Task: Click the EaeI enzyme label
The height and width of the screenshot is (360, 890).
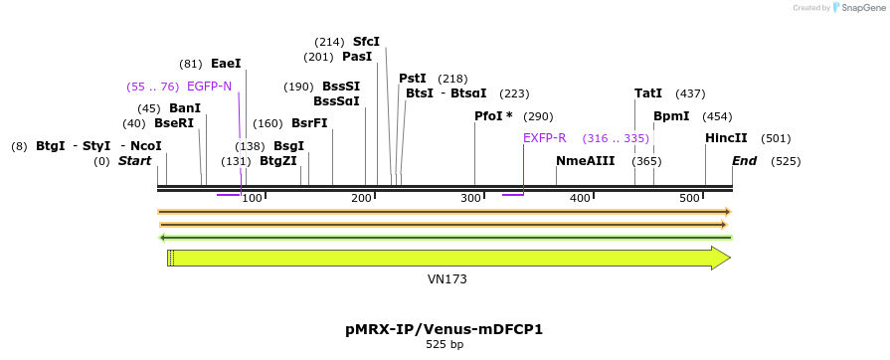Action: (x=226, y=64)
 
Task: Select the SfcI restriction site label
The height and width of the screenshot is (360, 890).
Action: (x=366, y=42)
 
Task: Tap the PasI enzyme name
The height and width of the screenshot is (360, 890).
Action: (x=356, y=57)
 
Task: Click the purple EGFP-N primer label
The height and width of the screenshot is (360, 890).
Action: (x=209, y=87)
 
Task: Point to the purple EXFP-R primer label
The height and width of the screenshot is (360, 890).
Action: (x=544, y=138)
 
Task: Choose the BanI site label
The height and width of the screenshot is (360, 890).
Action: (x=185, y=108)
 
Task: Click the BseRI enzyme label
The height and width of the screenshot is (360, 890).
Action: (x=174, y=123)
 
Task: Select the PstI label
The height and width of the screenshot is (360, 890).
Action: (x=413, y=79)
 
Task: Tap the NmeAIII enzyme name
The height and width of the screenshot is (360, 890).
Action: (x=586, y=161)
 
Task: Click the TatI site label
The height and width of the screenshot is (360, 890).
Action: (x=648, y=93)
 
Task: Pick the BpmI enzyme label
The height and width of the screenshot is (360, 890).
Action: (x=671, y=116)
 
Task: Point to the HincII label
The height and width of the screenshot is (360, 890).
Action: (x=726, y=138)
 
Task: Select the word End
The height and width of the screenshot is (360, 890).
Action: (x=745, y=161)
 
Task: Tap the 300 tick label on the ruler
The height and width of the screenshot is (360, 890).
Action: (x=471, y=199)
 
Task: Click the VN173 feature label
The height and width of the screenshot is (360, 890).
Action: (x=447, y=279)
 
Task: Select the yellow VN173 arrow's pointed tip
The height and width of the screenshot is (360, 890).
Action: (x=729, y=259)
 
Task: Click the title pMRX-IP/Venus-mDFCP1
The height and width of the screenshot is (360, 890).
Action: (x=444, y=328)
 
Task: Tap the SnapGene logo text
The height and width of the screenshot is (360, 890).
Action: (x=863, y=8)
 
